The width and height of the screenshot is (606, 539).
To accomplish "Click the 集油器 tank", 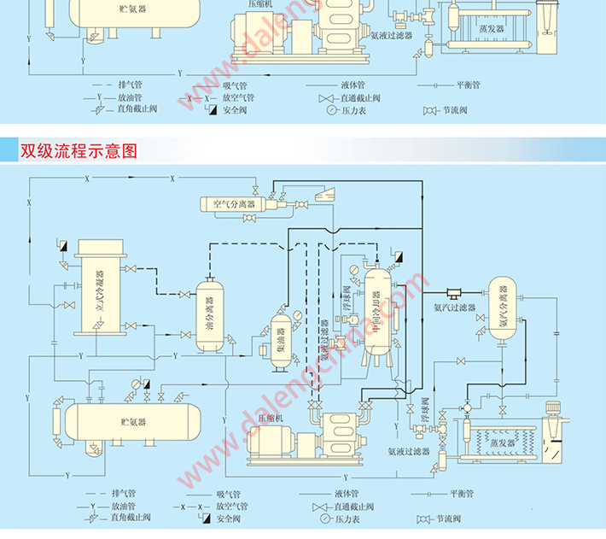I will [x=279, y=340].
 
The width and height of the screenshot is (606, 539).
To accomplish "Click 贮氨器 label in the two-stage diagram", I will [x=133, y=422].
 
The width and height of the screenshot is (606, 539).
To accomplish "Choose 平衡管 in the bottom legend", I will [x=462, y=494].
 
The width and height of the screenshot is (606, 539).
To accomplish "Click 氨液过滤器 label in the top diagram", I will [x=392, y=36].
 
